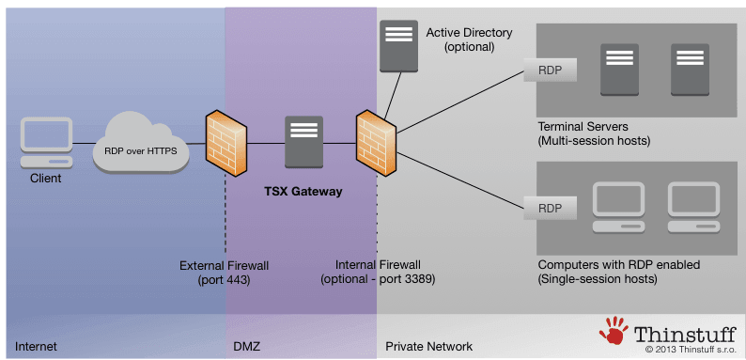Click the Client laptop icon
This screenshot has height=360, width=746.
point(45,142)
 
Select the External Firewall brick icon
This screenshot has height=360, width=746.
point(225,142)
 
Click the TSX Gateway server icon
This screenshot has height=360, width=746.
point(303,142)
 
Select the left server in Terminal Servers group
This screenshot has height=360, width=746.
point(619,70)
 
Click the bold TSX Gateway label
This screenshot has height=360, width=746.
point(303,192)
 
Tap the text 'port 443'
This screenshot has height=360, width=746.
point(225,280)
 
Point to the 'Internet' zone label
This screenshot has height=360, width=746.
point(36,347)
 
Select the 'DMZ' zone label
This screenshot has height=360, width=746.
point(247,347)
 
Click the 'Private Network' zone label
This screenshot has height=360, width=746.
point(428,347)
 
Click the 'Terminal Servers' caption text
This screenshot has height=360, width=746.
point(583,126)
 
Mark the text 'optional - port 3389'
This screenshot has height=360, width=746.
point(378,280)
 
